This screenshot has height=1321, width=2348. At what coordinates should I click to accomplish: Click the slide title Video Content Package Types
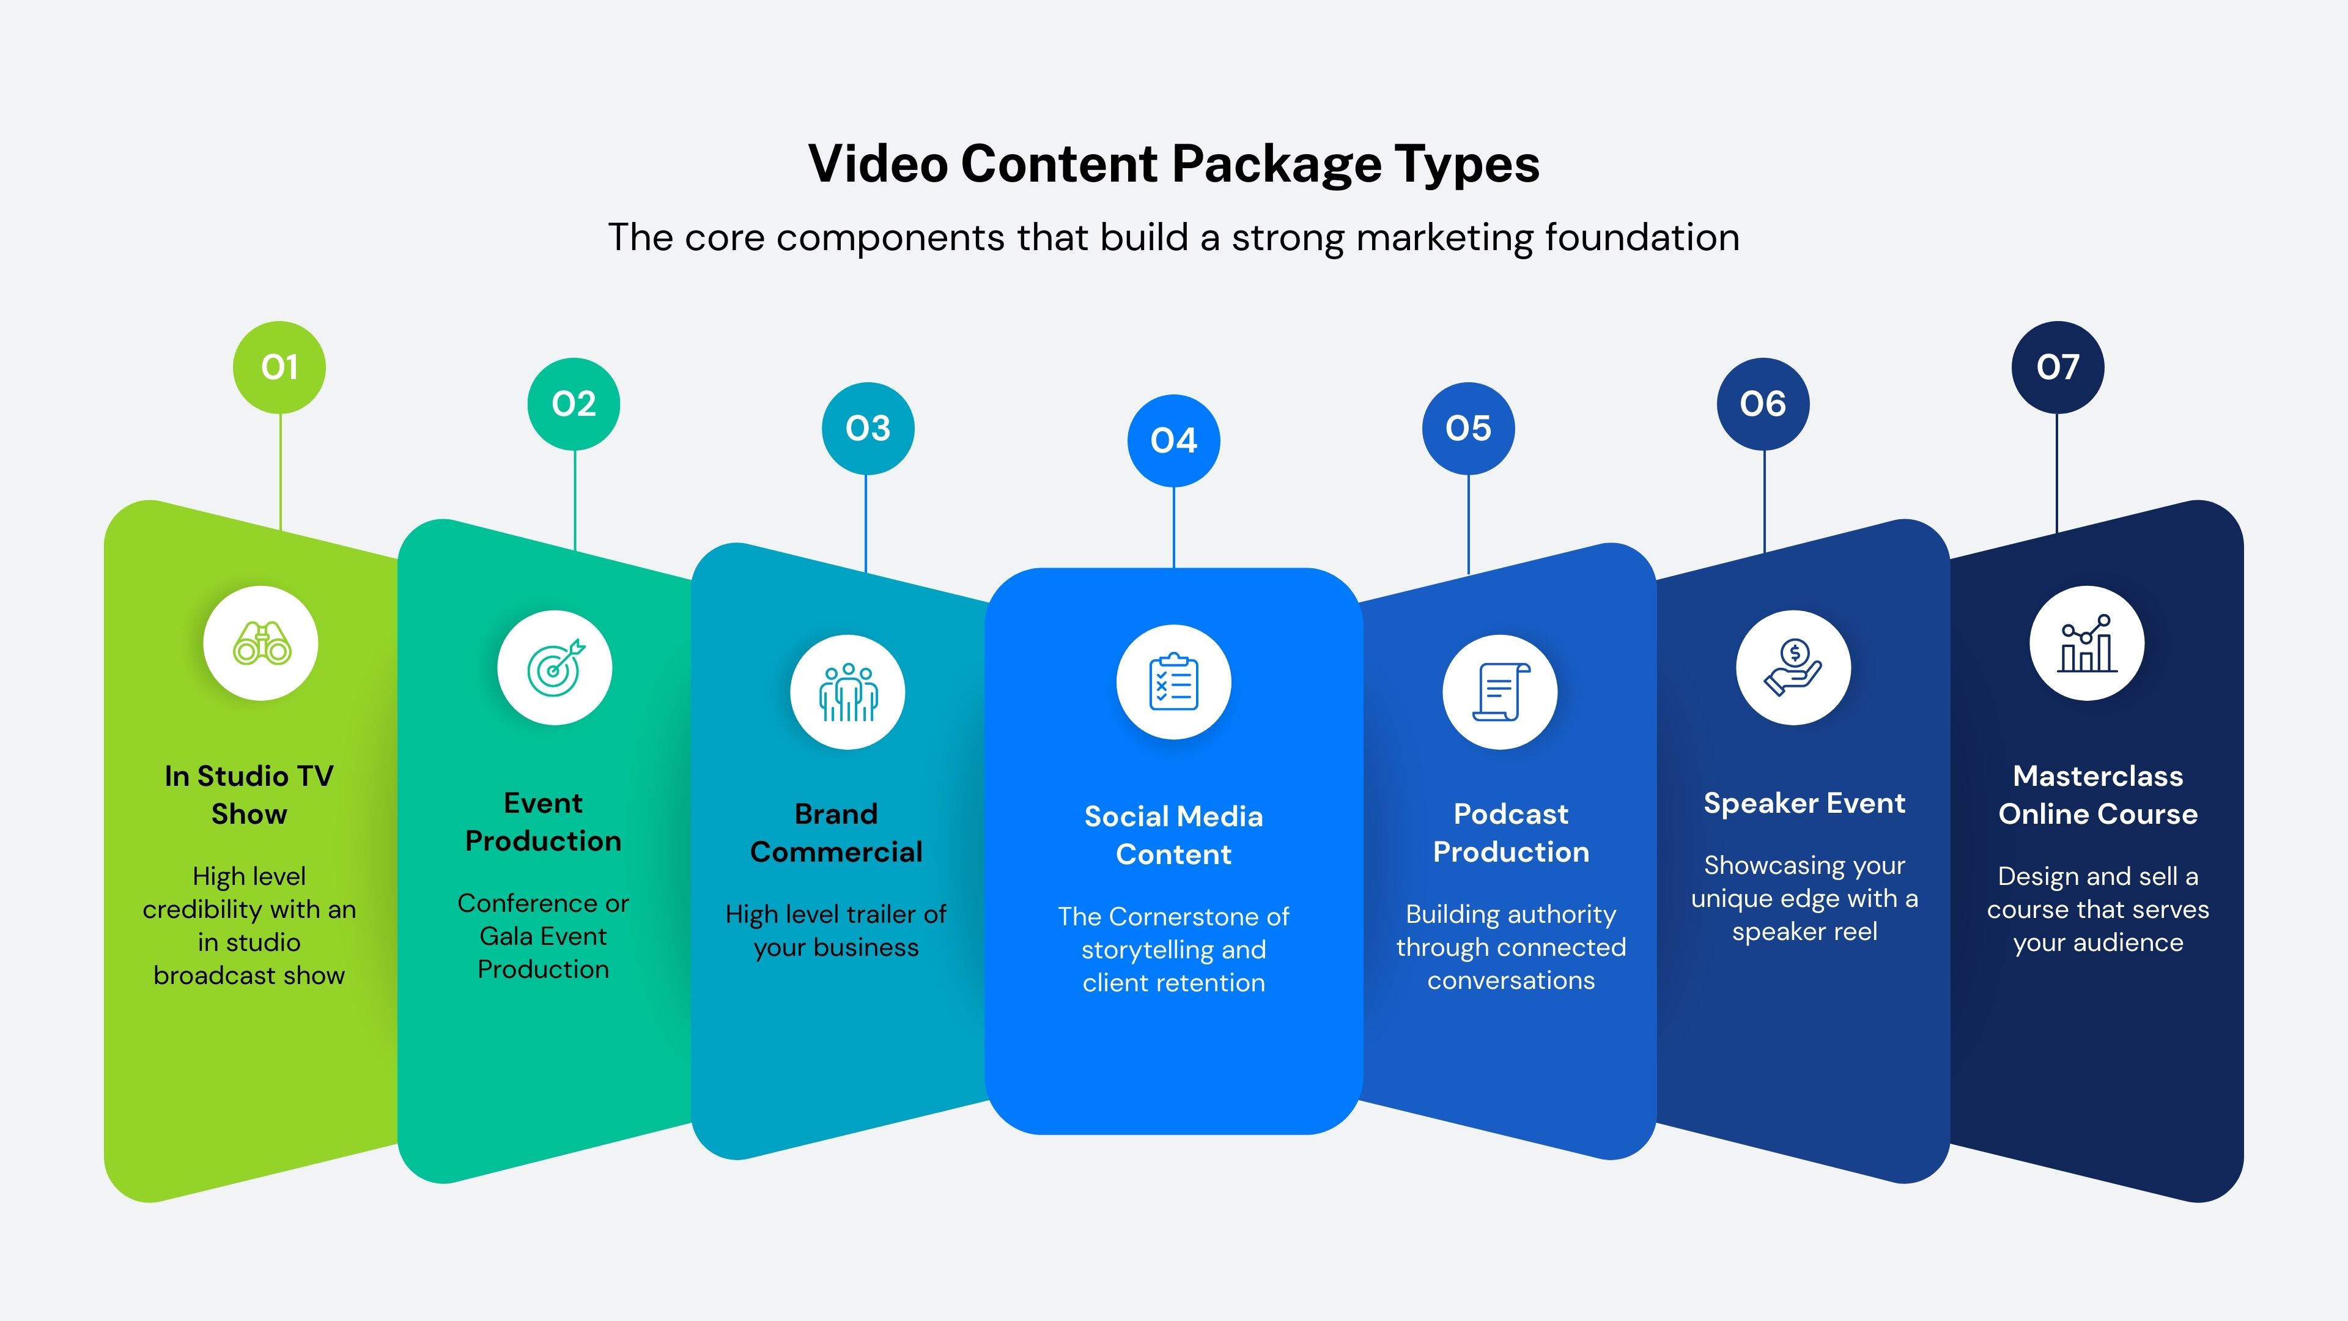tap(1173, 164)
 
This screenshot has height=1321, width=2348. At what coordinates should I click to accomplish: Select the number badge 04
tap(1173, 441)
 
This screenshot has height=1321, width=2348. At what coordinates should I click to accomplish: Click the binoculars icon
tap(262, 643)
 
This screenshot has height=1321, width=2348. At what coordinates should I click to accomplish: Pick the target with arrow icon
tap(555, 668)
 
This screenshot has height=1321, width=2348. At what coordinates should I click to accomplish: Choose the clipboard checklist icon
tap(1173, 682)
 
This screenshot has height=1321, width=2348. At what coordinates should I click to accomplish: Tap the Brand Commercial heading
tap(836, 832)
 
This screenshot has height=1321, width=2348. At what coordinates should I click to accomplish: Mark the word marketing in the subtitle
tap(1445, 238)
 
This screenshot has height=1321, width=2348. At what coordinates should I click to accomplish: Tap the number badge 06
tap(1763, 404)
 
